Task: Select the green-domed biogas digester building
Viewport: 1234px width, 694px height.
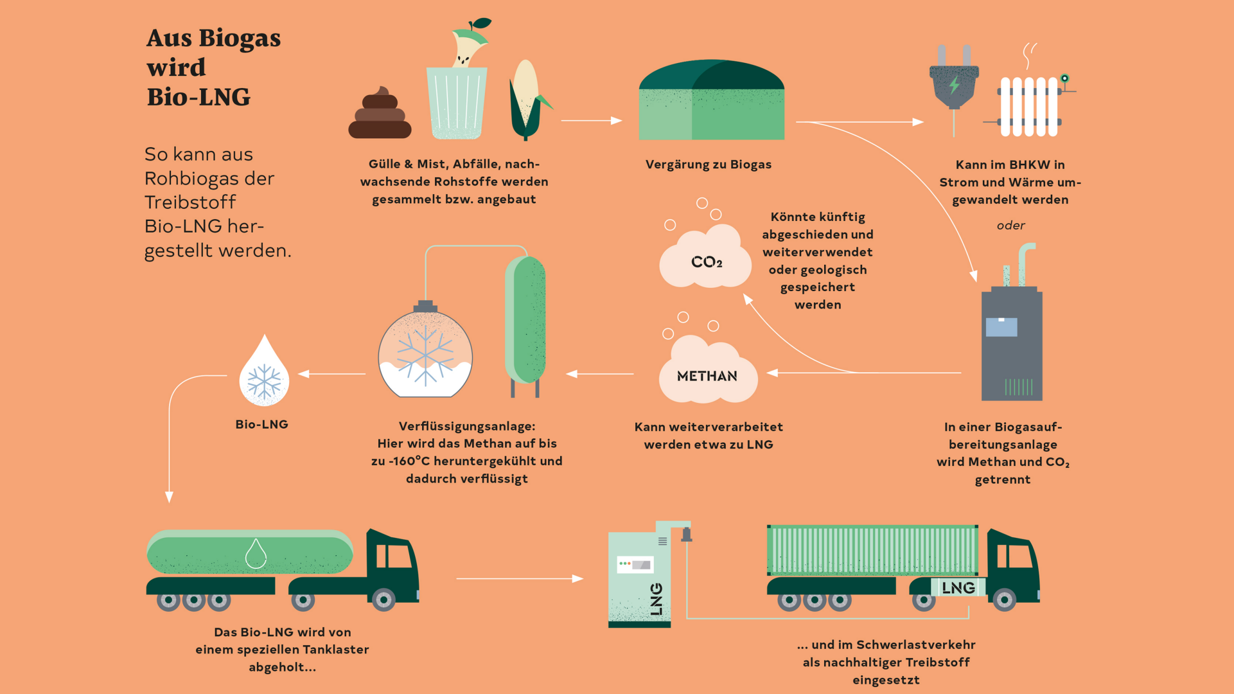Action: coord(711,101)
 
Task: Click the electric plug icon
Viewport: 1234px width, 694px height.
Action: coord(954,84)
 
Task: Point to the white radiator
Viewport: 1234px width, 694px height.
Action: coord(1028,106)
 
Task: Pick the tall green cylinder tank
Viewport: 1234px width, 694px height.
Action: coord(525,319)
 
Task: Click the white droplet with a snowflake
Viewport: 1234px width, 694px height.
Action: coord(264,375)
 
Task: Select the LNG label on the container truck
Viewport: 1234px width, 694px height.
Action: coord(958,587)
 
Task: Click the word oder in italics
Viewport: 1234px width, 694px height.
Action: coord(1010,226)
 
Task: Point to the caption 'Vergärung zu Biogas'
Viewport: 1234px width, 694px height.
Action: coord(708,165)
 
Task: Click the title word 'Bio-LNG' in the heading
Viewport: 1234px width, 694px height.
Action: coord(198,97)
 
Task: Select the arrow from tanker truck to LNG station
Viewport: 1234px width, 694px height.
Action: coord(520,578)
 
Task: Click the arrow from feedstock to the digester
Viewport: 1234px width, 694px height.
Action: coord(592,120)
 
